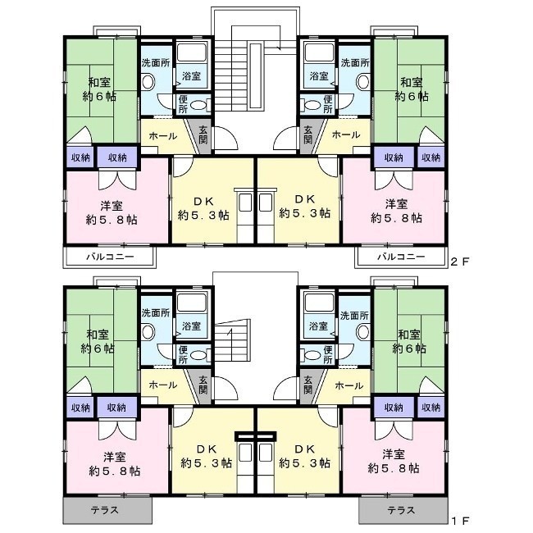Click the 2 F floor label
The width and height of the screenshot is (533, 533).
459,261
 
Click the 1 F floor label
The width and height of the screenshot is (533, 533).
459,520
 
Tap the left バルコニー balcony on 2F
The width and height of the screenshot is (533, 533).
109,257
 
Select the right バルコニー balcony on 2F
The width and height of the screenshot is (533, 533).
400,257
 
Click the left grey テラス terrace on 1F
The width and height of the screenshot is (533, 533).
107,510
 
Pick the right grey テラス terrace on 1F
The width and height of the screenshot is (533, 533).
403,510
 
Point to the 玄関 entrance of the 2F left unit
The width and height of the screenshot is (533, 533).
203,134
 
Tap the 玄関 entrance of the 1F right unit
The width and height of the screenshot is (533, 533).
308,385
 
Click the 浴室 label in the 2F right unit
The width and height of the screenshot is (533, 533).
319,76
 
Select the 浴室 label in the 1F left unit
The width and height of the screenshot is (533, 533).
191,326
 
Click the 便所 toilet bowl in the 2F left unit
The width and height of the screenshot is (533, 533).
198,105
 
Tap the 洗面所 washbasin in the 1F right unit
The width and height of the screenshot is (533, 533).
363,331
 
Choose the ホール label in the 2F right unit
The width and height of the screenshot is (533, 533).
346,135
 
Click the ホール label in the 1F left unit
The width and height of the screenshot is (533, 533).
163,385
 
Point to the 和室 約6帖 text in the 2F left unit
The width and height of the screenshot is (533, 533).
99,89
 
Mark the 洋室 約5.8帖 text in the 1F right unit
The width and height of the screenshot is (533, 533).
394,462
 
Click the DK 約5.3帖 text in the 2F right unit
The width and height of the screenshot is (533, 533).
304,206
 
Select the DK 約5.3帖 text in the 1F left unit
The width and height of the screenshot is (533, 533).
207,456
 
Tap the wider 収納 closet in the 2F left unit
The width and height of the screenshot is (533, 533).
117,157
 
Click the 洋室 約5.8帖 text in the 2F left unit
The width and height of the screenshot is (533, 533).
112,213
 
